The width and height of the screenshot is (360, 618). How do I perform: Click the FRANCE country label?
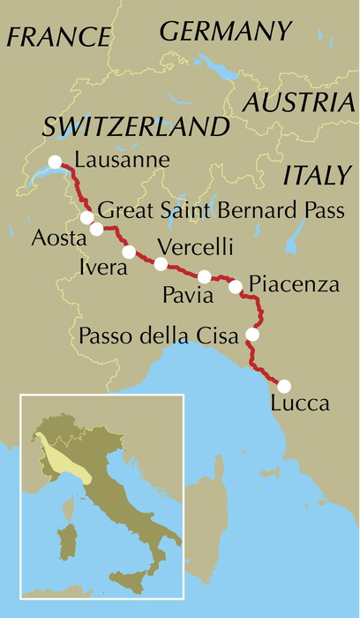click(x=59, y=36)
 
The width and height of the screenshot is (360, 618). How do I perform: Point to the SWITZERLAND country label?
click(x=131, y=125)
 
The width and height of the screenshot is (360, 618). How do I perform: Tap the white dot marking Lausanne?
click(x=56, y=162)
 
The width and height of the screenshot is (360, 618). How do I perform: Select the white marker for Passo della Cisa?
click(x=252, y=335)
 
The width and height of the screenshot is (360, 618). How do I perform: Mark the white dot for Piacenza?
click(x=236, y=286)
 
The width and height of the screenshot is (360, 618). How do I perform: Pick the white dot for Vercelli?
click(x=161, y=264)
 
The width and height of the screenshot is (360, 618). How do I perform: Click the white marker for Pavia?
click(x=204, y=276)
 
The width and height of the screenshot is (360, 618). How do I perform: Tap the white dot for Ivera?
click(x=129, y=252)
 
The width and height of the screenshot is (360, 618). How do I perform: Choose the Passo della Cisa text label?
click(x=161, y=335)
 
